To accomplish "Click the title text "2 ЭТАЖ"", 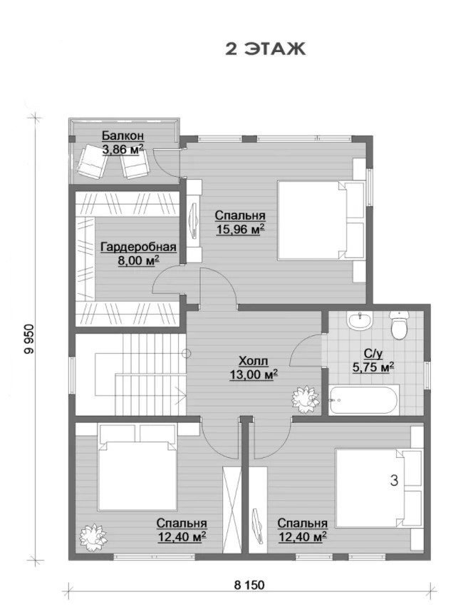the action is coord(265,49).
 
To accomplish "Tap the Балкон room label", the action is coord(123,136).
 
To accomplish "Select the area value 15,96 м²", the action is coord(240,229).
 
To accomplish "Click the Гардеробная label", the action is coord(138,247).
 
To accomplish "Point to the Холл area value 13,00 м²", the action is coord(254,374).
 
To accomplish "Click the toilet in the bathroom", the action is coord(400,325).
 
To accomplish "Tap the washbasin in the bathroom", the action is coord(360,321).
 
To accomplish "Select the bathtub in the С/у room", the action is coord(363,400).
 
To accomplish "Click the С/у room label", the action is coord(373,353).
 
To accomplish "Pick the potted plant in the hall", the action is coord(306,399).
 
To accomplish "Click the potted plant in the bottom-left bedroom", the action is coord(93,537).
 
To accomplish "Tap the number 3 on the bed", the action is coord(394,481).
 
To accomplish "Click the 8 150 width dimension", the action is coord(249,585).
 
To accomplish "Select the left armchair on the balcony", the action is coord(92,161).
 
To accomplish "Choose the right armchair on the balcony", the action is coord(134,164).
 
